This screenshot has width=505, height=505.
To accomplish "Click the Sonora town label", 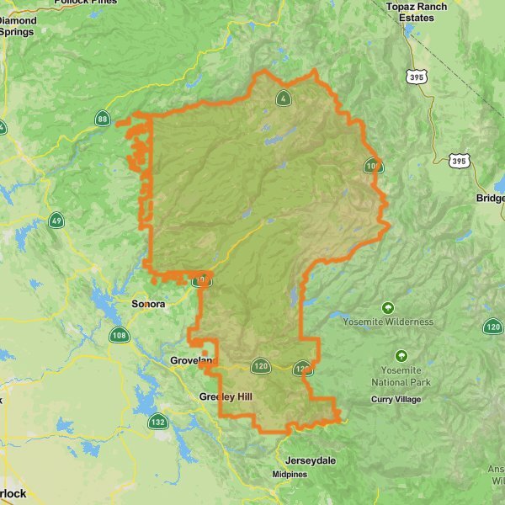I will coord(148,304).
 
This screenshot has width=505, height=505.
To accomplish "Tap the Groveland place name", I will coord(189,361).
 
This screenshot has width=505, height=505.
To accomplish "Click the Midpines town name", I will coord(289,475).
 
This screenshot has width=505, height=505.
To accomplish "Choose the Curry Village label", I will coord(396,399).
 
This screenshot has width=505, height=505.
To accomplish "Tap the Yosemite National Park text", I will coord(401,376).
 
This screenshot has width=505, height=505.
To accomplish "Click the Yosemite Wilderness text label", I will coord(388,322).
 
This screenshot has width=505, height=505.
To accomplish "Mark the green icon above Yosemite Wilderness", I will coord(388,308).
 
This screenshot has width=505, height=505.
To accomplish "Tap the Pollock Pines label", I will coord(84,3).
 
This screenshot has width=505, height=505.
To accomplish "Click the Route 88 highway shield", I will coord(102,119).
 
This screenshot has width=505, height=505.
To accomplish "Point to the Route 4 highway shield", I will coord(284,98).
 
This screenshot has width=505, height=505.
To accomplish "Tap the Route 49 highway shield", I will coord(56,221).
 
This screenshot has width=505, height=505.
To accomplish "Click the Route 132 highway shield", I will coord(157,421).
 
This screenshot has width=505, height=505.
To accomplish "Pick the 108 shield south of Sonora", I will coord(119,336).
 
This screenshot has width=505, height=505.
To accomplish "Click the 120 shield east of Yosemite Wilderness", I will coord(493,327).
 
